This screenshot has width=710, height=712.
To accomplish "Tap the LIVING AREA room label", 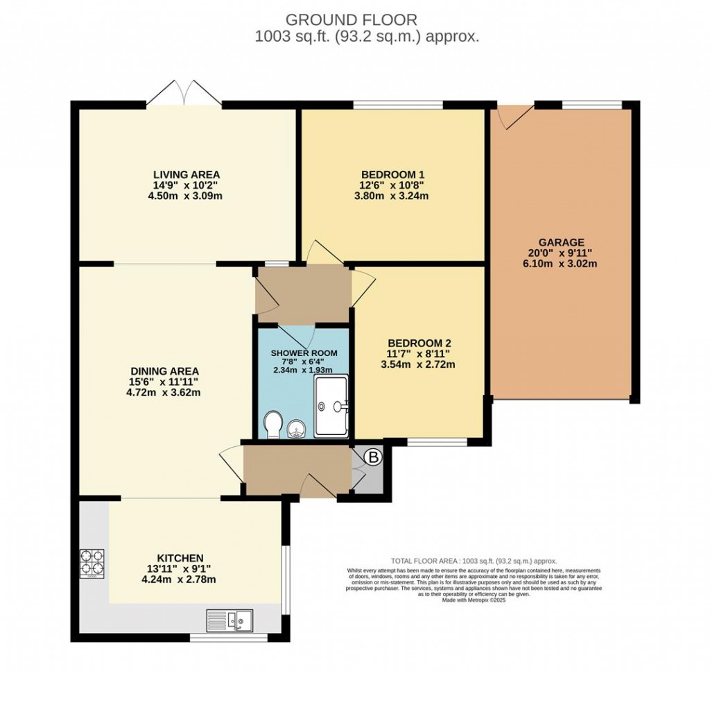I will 187,174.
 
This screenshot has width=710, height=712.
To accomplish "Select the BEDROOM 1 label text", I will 393,174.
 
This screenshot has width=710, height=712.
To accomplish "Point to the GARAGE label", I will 563,242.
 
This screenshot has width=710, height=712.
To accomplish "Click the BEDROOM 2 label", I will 419,343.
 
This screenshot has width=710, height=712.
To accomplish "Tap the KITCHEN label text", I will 180,558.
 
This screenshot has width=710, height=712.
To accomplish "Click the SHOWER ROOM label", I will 304,353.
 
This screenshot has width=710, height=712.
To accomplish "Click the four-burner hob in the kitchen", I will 92,563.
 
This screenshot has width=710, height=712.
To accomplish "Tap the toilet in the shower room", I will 273,424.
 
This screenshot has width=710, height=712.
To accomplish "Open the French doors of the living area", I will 184,94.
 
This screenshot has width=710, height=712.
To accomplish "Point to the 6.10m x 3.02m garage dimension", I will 563,264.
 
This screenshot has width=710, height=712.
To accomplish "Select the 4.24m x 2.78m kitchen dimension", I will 179,579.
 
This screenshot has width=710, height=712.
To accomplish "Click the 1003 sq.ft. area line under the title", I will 366,37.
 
